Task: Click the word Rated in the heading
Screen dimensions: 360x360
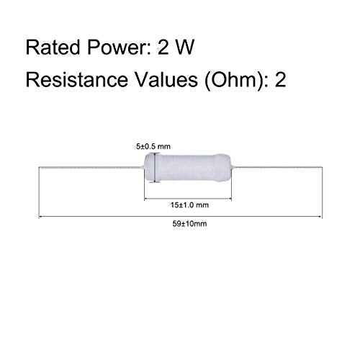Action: point(53,47)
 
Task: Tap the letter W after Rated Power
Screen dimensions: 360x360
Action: point(184,48)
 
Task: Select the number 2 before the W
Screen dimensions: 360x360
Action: point(163,48)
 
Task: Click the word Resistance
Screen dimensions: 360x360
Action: point(77,79)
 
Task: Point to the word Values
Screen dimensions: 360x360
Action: point(166,79)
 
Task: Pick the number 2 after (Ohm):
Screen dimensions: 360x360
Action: point(280,79)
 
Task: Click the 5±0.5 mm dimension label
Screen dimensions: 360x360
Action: point(153,146)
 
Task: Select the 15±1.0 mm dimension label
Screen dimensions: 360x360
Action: point(189,205)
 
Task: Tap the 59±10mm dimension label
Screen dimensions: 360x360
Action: point(189,224)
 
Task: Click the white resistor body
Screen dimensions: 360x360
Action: point(188,168)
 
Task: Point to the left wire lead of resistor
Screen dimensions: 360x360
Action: point(91,167)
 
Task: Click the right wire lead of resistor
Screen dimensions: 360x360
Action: point(277,167)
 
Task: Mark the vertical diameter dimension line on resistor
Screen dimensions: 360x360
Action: point(156,168)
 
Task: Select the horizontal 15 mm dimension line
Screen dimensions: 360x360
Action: point(188,199)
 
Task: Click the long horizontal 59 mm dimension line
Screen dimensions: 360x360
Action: point(180,217)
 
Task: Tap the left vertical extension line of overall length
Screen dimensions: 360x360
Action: point(39,192)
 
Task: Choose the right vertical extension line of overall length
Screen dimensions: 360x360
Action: point(322,192)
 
